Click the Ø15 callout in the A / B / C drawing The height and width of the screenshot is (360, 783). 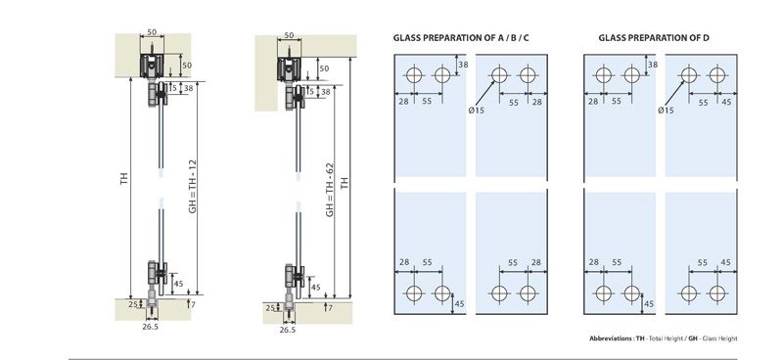coord(477,112)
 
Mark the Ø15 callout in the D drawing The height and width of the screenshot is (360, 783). coord(666,112)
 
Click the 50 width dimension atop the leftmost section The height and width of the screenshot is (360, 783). coord(153,33)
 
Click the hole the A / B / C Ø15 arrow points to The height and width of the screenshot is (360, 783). coord(500,74)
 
